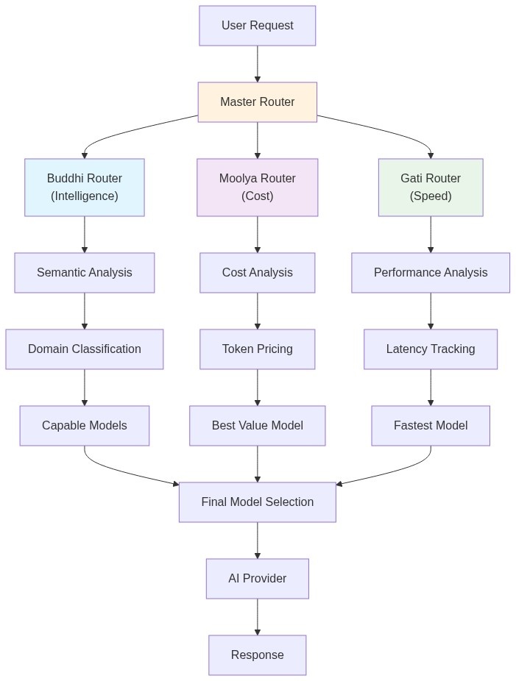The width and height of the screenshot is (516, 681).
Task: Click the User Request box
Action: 257,26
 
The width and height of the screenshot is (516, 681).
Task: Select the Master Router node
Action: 257,102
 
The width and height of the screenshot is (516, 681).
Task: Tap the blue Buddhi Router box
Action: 84,188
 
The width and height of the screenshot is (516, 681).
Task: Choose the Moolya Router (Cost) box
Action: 257,188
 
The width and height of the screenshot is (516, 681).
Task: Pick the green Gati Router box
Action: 431,188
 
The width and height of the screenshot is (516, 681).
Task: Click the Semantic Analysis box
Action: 84,273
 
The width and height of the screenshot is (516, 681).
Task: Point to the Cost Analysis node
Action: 257,273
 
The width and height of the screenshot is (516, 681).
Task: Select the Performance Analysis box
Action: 431,273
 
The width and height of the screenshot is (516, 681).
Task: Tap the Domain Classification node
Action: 84,349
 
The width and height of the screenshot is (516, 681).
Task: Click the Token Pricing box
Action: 257,349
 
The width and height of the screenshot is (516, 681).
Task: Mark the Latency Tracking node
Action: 431,349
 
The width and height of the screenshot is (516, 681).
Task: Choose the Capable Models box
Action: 84,426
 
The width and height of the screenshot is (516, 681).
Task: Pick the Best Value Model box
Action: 257,426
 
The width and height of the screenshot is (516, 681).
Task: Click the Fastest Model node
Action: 431,426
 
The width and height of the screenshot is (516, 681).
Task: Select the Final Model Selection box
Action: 257,502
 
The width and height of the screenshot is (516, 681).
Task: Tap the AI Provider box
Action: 257,579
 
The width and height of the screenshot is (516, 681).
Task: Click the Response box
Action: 257,655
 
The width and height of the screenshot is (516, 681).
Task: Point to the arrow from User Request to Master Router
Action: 257,64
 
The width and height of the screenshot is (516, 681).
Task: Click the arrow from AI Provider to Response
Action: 257,617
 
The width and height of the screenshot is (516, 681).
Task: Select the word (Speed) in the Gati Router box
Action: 431,196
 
